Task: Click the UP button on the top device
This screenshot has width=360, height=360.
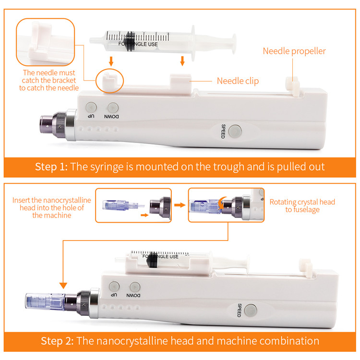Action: [x=91, y=107]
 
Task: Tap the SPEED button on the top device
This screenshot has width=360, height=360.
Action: [x=235, y=131]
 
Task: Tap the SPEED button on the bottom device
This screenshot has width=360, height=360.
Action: [x=250, y=310]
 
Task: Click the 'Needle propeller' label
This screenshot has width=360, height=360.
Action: [x=294, y=51]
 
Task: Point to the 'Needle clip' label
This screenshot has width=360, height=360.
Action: [x=238, y=81]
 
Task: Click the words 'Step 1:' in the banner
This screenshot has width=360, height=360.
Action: [x=51, y=167]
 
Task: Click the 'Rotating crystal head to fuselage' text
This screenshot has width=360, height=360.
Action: [x=302, y=206]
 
